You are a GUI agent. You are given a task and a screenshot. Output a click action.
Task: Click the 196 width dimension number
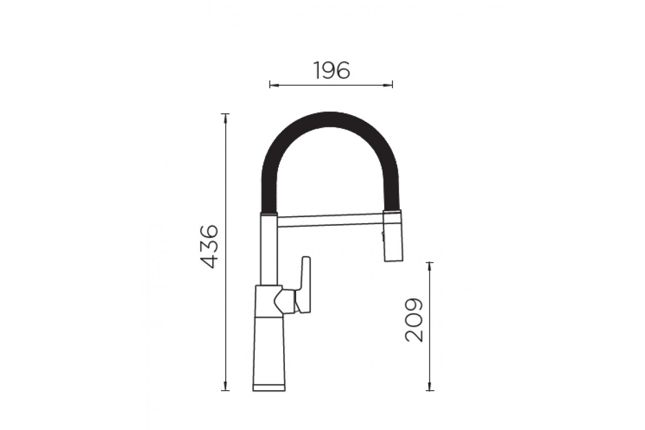coord(332,70)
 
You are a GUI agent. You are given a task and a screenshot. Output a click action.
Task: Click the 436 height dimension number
coord(209,247)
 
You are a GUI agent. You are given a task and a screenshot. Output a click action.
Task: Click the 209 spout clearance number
coord(414,320)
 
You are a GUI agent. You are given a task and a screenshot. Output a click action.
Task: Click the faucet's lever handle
coord(304,284)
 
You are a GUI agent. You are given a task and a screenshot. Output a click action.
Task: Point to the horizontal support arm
coord(330,220)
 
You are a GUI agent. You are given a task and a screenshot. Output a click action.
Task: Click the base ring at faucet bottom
coord(269,388)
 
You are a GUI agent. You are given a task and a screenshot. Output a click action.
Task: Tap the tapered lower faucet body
coord(269,351)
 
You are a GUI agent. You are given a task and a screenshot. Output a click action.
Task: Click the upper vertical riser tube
coord(269,249)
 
